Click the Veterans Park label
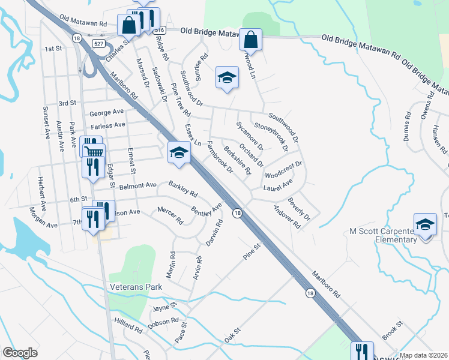point(136,287)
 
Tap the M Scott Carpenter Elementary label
point(384,235)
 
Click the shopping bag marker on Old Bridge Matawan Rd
point(250,40)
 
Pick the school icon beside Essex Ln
point(178,153)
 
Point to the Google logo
point(20,353)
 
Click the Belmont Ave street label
point(139,186)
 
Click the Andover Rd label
point(286,217)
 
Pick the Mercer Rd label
point(170,215)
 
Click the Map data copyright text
point(423,355)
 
